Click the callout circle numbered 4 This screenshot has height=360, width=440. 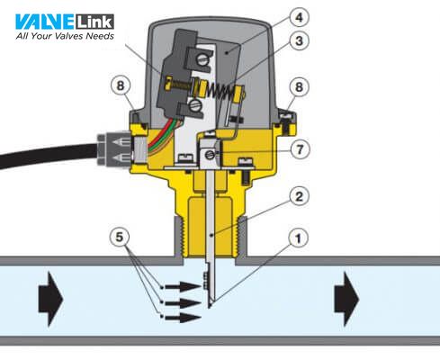[299, 17]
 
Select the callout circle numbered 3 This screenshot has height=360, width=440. [299, 40]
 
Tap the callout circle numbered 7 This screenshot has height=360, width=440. [300, 149]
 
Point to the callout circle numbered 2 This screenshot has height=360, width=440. [299, 196]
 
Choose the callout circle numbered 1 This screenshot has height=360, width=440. [298, 238]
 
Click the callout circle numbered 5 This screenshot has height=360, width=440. [120, 237]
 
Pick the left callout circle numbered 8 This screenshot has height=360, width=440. [120, 85]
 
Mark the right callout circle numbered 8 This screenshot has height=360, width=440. [299, 87]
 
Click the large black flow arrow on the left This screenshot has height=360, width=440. [50, 299]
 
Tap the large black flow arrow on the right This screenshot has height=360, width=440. [346, 299]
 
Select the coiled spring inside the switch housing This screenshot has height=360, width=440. [220, 91]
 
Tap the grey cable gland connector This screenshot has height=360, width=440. [114, 149]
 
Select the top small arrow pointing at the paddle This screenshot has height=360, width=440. [183, 287]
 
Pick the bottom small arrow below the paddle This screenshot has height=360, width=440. [183, 318]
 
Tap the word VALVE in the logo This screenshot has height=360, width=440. [44, 22]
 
